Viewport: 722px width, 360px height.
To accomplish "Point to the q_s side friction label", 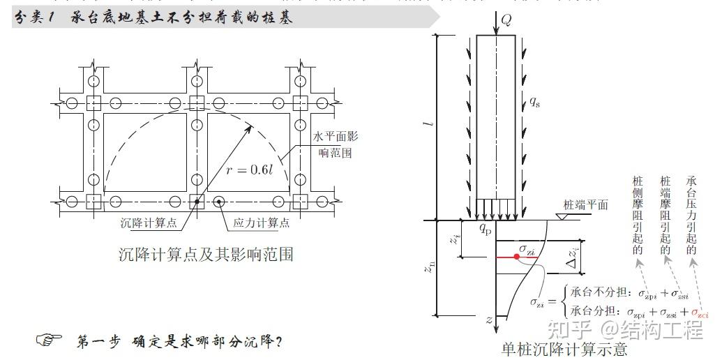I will [534, 103].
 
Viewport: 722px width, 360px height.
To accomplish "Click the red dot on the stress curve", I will [516, 257].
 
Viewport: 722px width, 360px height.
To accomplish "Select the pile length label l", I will [431, 126].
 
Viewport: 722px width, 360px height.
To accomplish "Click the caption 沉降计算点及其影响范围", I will [206, 254].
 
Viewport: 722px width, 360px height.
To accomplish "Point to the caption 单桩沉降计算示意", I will [564, 348].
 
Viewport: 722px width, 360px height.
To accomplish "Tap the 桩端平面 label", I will [585, 205].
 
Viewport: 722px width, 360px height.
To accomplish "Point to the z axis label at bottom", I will [490, 320].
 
